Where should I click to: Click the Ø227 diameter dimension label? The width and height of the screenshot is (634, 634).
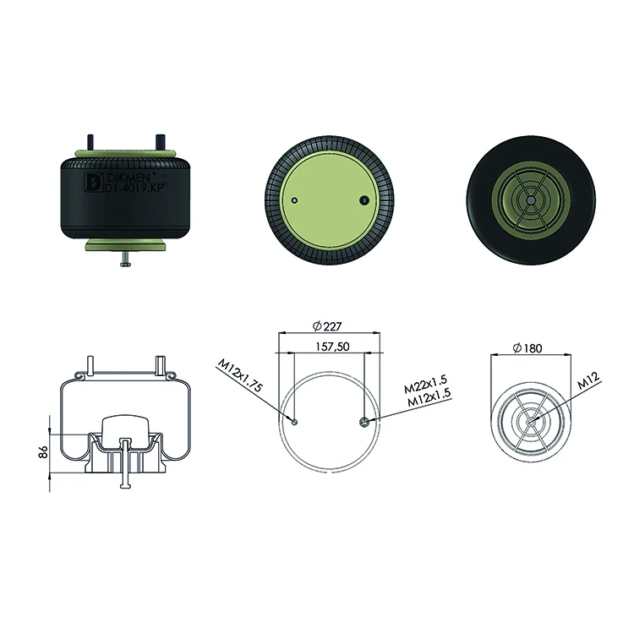coord(327,326)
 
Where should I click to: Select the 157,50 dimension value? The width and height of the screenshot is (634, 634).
coord(332,347)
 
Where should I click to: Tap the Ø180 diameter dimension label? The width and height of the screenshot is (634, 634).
coord(527,347)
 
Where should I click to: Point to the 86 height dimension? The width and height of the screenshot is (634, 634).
coord(43,451)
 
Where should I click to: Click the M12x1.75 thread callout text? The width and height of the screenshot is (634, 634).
coord(240,375)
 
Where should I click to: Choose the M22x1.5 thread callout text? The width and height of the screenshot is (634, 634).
coord(425,384)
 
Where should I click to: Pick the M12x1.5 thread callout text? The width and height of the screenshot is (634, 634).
coord(429,397)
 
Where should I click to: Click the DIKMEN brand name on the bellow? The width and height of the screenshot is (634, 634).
coord(129,178)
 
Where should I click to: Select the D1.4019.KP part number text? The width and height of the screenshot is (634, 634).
coord(135,188)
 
